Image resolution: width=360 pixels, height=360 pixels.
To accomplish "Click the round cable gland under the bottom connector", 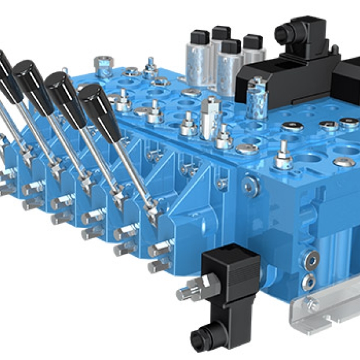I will click(201, 336).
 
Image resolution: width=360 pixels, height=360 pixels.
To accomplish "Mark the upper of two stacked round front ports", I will click(310, 259).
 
